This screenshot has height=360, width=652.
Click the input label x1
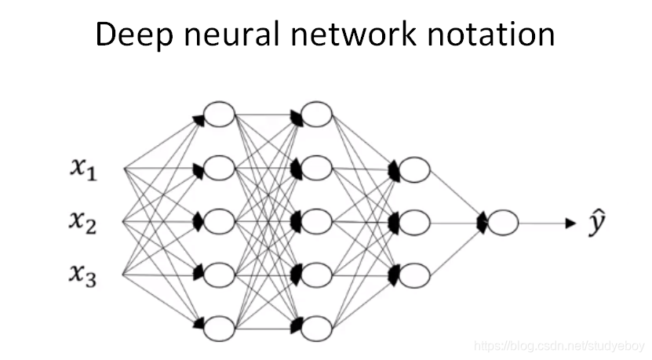[x=82, y=169]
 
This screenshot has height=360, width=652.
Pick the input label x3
[x=82, y=276]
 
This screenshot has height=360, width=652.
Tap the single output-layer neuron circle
[x=503, y=223]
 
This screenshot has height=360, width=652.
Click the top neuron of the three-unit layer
[x=414, y=169]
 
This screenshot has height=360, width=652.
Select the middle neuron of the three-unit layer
[x=414, y=223]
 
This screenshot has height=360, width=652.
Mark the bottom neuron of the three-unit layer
[x=414, y=275]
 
